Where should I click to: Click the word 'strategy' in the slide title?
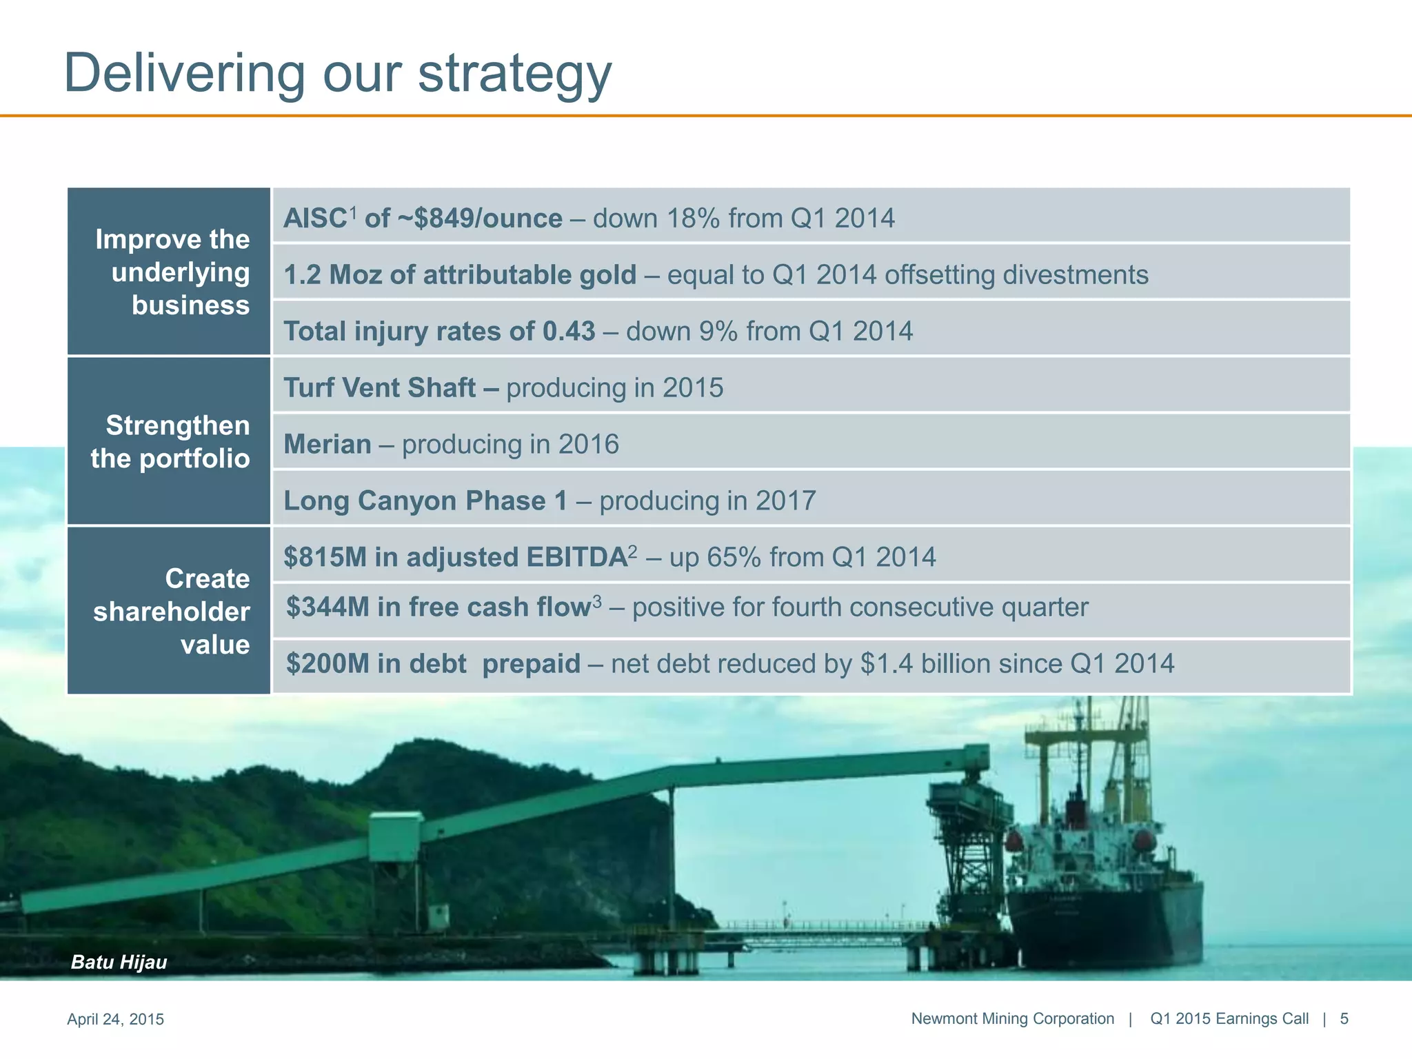point(514,74)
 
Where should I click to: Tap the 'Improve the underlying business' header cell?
point(169,272)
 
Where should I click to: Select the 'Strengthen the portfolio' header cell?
point(169,441)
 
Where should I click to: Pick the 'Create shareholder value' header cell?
point(169,611)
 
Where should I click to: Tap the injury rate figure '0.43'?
point(568,332)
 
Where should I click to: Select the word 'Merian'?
point(327,445)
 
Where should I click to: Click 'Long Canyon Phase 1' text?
point(425,501)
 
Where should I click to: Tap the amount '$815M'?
point(325,557)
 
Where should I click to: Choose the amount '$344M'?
point(327,607)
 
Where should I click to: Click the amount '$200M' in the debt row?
point(327,664)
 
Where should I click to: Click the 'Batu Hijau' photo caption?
point(119,962)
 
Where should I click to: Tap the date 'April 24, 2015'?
point(115,1019)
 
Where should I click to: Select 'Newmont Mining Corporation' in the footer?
point(1012,1019)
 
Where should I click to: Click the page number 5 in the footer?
point(1344,1019)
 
